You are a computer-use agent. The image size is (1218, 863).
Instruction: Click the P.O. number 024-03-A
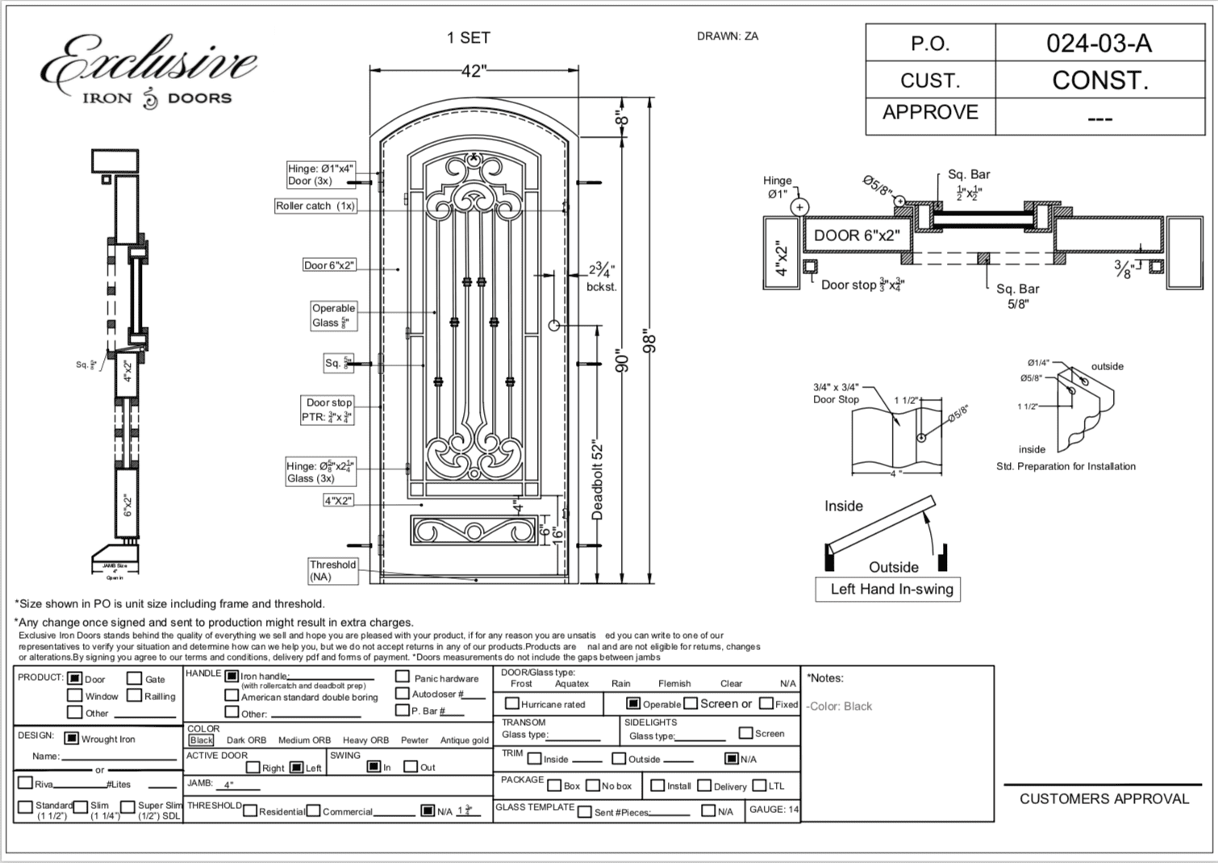point(1098,43)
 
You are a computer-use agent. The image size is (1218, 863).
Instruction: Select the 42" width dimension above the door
point(473,71)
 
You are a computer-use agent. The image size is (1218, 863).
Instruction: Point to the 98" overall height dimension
point(650,340)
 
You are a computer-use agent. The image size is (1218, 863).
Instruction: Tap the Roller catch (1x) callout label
point(315,206)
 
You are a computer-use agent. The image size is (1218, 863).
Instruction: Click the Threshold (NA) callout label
point(332,570)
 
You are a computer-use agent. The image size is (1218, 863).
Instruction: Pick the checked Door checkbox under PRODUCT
point(75,678)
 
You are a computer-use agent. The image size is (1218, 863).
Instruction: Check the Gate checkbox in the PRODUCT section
point(135,678)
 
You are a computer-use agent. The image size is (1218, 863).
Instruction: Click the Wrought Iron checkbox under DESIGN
point(71,738)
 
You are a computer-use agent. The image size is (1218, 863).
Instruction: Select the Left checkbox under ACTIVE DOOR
point(296,767)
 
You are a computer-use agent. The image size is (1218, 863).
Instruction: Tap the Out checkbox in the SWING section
point(410,766)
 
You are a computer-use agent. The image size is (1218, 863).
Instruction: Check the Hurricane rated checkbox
point(511,703)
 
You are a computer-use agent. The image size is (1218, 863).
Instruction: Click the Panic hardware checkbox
point(402,677)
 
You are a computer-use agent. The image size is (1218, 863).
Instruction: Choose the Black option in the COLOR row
point(201,740)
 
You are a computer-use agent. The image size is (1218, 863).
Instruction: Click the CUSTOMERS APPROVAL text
point(1103,798)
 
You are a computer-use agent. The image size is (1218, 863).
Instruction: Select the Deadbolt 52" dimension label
point(598,480)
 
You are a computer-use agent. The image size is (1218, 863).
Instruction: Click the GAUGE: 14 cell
point(774,809)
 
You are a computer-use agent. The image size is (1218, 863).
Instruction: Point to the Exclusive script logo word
point(149,63)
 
